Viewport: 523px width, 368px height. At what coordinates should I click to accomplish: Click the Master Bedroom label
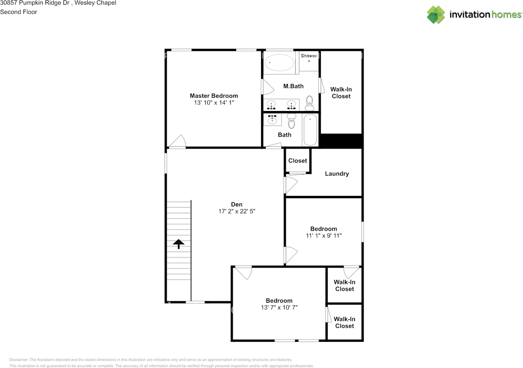click(x=214, y=96)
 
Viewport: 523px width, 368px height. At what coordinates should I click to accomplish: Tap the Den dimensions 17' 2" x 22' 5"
click(x=237, y=211)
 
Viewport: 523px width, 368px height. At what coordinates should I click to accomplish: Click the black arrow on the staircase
click(x=179, y=244)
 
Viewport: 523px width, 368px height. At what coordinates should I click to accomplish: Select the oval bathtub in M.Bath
click(x=279, y=63)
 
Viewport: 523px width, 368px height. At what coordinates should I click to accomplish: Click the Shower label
click(x=309, y=55)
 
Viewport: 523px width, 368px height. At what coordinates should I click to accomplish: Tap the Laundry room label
click(x=337, y=173)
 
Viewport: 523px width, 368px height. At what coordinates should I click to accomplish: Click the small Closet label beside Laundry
click(x=297, y=161)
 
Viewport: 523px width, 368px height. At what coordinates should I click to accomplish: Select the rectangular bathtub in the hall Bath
click(x=310, y=130)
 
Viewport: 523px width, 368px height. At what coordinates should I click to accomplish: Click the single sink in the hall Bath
click(x=272, y=120)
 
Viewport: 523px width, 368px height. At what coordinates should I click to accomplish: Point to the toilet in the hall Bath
click(x=291, y=121)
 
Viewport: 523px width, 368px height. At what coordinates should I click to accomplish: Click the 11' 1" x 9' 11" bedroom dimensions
click(x=324, y=235)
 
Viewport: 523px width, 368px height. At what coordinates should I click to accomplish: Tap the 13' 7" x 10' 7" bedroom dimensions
click(x=279, y=307)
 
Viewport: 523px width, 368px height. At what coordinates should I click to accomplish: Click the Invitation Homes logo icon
click(x=436, y=15)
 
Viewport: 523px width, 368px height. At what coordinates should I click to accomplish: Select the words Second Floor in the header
click(x=18, y=12)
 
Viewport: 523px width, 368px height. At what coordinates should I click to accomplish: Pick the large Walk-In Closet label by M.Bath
click(x=341, y=93)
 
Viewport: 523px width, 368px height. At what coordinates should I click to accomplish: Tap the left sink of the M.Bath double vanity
click(x=272, y=105)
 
